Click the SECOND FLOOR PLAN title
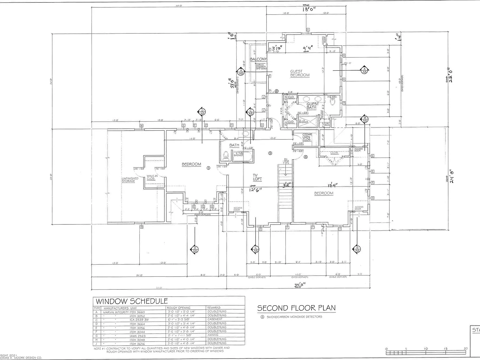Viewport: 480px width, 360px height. point(296,308)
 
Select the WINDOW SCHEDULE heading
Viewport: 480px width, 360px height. point(132,301)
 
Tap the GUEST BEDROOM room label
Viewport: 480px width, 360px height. point(300,73)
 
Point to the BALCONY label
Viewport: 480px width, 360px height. point(258,59)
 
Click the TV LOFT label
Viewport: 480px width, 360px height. point(257,177)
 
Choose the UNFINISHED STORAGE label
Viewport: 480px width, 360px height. point(130,180)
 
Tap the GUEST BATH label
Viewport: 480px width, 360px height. point(312,106)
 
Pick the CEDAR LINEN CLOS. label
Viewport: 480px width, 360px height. point(307,137)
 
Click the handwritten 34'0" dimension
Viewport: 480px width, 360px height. point(299,285)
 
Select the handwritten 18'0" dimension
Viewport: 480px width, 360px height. point(309,9)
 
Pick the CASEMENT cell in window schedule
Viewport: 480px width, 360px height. point(215,319)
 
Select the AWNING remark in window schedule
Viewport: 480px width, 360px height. point(213,335)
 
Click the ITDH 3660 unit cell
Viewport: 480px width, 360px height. point(137,312)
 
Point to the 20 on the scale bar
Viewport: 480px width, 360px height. point(466,349)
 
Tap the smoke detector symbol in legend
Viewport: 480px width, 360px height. point(262,317)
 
